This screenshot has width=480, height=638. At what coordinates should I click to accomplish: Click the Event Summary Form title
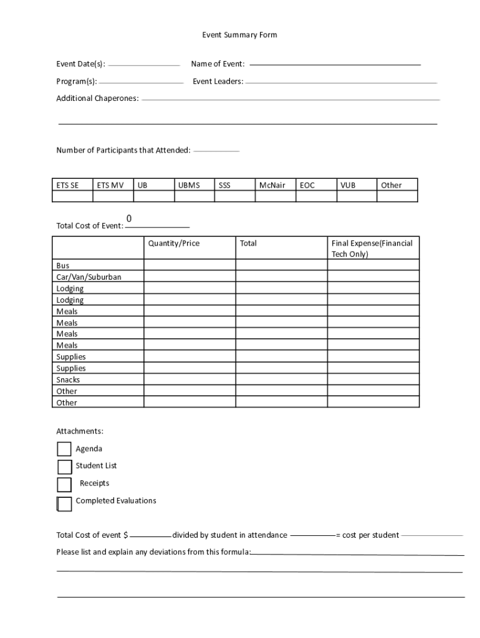[239, 35]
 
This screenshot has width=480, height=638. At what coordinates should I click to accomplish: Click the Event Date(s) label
[80, 64]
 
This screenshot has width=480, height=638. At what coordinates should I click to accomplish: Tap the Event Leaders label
[218, 81]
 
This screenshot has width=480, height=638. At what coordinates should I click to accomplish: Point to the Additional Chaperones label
[97, 98]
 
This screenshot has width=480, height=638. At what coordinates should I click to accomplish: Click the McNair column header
[272, 185]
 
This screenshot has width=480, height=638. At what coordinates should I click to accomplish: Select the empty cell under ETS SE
[72, 196]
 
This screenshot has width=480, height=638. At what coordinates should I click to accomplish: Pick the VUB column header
[348, 185]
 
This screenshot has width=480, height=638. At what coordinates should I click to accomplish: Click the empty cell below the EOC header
[316, 196]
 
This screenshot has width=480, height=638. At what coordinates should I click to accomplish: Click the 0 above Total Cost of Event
[129, 219]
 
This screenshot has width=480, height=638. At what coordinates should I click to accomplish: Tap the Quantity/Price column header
[174, 243]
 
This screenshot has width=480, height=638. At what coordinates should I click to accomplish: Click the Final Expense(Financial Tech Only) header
[373, 248]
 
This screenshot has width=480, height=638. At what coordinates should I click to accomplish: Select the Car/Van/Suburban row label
[89, 277]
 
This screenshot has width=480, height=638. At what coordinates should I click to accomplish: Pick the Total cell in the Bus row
[281, 265]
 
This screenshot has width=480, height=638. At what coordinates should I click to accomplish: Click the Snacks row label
[68, 379]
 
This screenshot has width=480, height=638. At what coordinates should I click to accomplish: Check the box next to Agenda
[64, 449]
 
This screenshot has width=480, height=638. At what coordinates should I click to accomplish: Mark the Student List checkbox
[65, 467]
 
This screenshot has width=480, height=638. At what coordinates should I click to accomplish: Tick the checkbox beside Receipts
[64, 484]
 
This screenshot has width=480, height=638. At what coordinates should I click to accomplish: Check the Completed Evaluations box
[64, 503]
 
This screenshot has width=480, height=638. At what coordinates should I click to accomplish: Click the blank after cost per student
[432, 535]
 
